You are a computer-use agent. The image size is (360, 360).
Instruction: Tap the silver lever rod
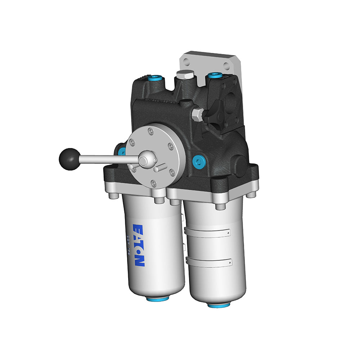[x=108, y=158]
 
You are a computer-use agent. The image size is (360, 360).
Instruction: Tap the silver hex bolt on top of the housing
[x=185, y=75]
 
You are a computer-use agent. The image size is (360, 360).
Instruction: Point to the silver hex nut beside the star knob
[x=197, y=114]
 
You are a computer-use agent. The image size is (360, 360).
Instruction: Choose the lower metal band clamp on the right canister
[x=209, y=262]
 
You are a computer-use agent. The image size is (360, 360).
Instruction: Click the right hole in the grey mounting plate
[x=226, y=67]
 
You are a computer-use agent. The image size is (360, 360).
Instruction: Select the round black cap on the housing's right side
[x=240, y=165]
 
